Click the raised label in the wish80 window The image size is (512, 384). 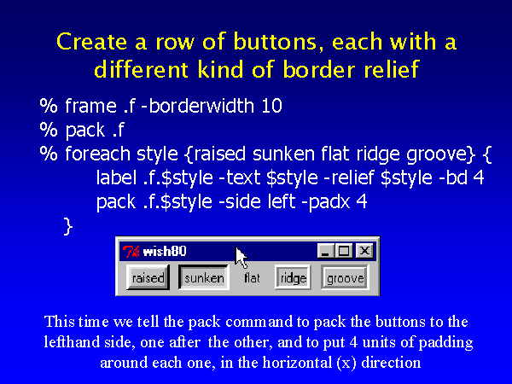point(148,277)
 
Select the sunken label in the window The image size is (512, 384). point(204,277)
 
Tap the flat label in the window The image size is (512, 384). point(252,278)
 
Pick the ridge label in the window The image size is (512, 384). point(293,277)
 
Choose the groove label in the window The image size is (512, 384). point(345,277)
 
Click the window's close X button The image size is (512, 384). point(364,251)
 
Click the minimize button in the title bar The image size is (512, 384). point(325,251)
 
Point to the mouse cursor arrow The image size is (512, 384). point(241,258)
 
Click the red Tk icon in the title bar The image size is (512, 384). point(131,252)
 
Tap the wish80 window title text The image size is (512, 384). point(165,252)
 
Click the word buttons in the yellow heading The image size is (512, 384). point(275,42)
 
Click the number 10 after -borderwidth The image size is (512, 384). point(271,106)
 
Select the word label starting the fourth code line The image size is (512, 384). point(116,177)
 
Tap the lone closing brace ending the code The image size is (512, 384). point(67,227)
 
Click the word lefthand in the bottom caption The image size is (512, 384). point(72,342)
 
